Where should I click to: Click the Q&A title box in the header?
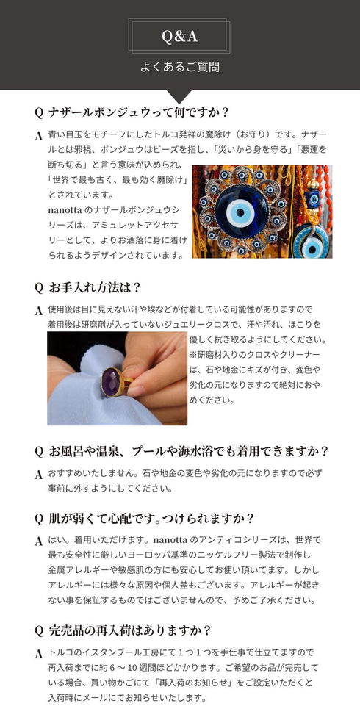(x=180, y=36)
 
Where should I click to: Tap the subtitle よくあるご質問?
(x=180, y=67)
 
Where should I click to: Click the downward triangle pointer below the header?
(x=180, y=96)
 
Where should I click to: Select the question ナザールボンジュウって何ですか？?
(x=139, y=113)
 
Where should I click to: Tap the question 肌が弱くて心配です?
(x=151, y=518)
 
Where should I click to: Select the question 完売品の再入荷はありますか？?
(x=130, y=630)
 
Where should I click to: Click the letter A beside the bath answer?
(x=38, y=475)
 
